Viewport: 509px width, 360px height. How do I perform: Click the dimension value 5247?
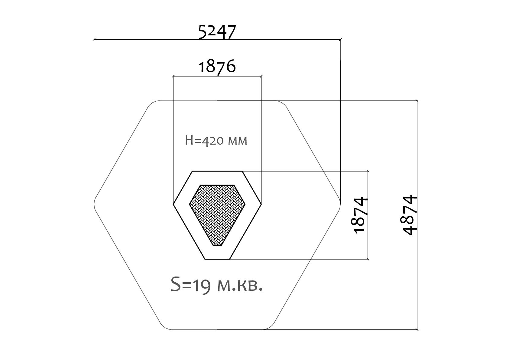[217, 32]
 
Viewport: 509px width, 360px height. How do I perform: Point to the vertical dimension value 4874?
[410, 215]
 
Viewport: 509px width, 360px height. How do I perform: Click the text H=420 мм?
[216, 141]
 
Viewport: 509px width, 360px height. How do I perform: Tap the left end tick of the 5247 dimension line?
[94, 40]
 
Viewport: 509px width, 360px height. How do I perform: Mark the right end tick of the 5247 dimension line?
[340, 40]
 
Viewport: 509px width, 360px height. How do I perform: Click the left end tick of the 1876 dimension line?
[173, 76]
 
